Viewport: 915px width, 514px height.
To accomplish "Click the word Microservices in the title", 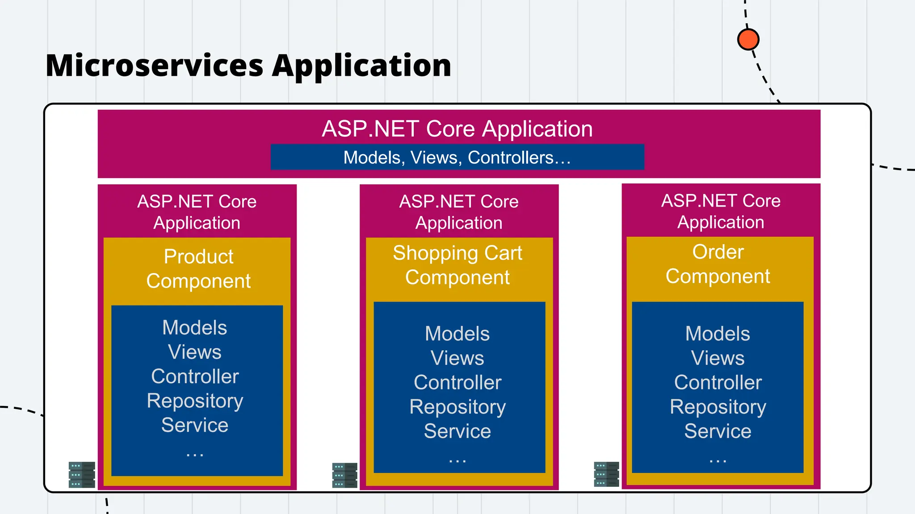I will tap(154, 66).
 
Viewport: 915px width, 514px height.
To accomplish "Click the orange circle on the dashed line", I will tap(748, 39).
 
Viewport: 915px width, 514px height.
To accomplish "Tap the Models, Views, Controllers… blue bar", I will tap(457, 158).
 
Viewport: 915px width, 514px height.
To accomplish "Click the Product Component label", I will tap(198, 269).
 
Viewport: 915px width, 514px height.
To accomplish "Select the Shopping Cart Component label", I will tap(457, 265).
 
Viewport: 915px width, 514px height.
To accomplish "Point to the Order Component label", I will tap(718, 264).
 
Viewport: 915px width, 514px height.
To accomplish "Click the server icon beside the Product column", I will tap(82, 475).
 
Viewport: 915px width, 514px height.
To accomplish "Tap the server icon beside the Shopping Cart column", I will tap(344, 475).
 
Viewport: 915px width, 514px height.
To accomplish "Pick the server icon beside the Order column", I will tap(606, 474).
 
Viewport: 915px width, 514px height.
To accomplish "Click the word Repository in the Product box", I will tap(195, 401).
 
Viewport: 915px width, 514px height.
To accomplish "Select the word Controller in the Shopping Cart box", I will tap(457, 382).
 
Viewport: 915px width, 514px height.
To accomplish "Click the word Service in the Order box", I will tap(718, 431).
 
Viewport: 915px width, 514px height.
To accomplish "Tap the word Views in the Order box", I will tap(718, 358).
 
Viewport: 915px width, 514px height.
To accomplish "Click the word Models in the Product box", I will tap(195, 327).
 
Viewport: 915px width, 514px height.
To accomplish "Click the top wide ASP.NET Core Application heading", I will tap(457, 129).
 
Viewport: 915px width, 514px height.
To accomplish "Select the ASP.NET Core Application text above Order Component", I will tap(721, 211).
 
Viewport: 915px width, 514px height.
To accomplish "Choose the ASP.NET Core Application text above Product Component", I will tap(197, 212).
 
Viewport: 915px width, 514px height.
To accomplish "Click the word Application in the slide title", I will tap(361, 66).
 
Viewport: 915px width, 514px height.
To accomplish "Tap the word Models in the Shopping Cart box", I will tap(457, 334).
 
